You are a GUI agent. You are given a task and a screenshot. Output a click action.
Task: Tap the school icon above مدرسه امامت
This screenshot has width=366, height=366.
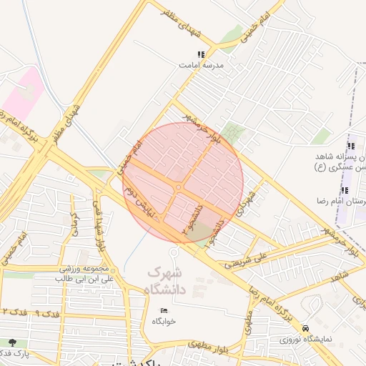(201, 54)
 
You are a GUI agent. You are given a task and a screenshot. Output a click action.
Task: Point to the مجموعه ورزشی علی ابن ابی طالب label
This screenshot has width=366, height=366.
(65, 274)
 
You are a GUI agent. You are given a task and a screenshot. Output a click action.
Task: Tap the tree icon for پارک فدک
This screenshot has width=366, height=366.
(11, 342)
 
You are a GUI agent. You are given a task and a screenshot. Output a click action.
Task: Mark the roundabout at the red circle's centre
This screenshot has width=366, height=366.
(178, 187)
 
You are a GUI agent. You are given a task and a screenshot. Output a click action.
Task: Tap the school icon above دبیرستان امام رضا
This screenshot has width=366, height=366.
(345, 190)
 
